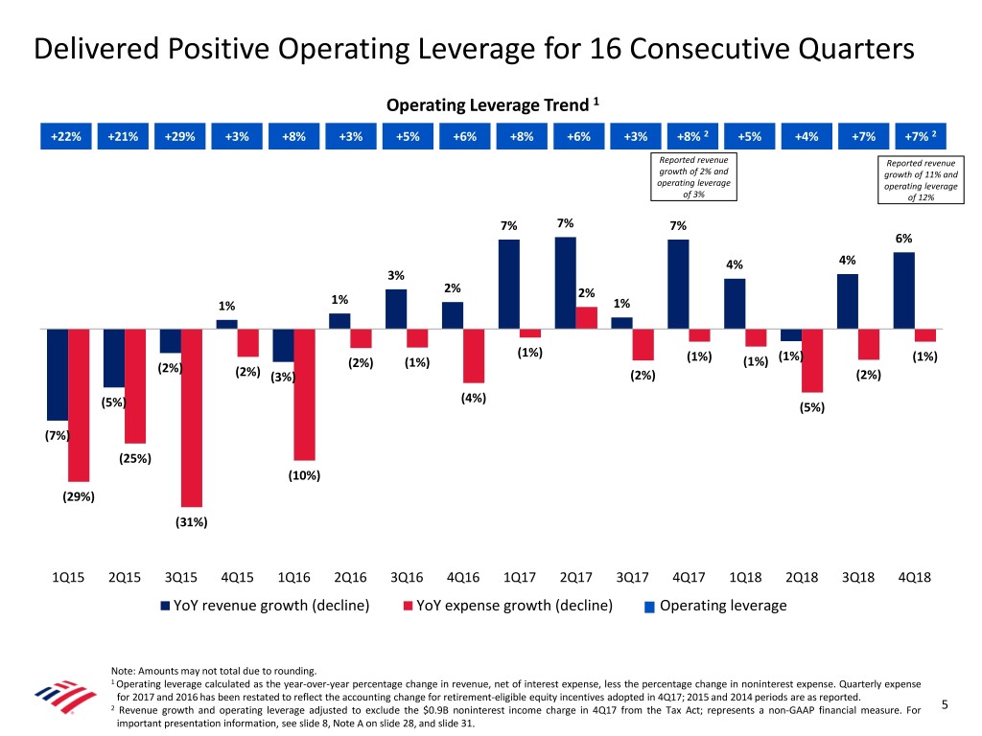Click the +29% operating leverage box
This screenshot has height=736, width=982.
pyautogui.click(x=179, y=136)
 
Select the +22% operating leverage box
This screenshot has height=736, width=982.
pyautogui.click(x=66, y=136)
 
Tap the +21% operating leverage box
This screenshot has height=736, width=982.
pyautogui.click(x=123, y=136)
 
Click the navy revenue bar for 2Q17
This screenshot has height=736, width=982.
pyautogui.click(x=565, y=283)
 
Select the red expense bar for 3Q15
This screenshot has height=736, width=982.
pyautogui.click(x=192, y=417)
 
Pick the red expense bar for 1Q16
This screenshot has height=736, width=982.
pyautogui.click(x=305, y=394)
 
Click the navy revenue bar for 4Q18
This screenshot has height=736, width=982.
pyautogui.click(x=903, y=290)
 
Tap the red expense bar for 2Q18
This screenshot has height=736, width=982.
pyautogui.click(x=812, y=360)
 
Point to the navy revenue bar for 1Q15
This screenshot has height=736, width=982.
pyautogui.click(x=57, y=374)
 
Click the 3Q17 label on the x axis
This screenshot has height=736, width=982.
pyautogui.click(x=634, y=578)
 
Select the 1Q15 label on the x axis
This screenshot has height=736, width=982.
pyautogui.click(x=68, y=578)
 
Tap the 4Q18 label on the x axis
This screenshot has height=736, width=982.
pyautogui.click(x=914, y=578)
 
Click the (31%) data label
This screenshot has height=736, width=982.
pyautogui.click(x=191, y=522)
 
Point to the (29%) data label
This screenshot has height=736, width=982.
pyautogui.click(x=78, y=496)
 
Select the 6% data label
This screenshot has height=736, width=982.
pyautogui.click(x=903, y=239)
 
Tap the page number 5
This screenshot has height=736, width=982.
pyautogui.click(x=945, y=706)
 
